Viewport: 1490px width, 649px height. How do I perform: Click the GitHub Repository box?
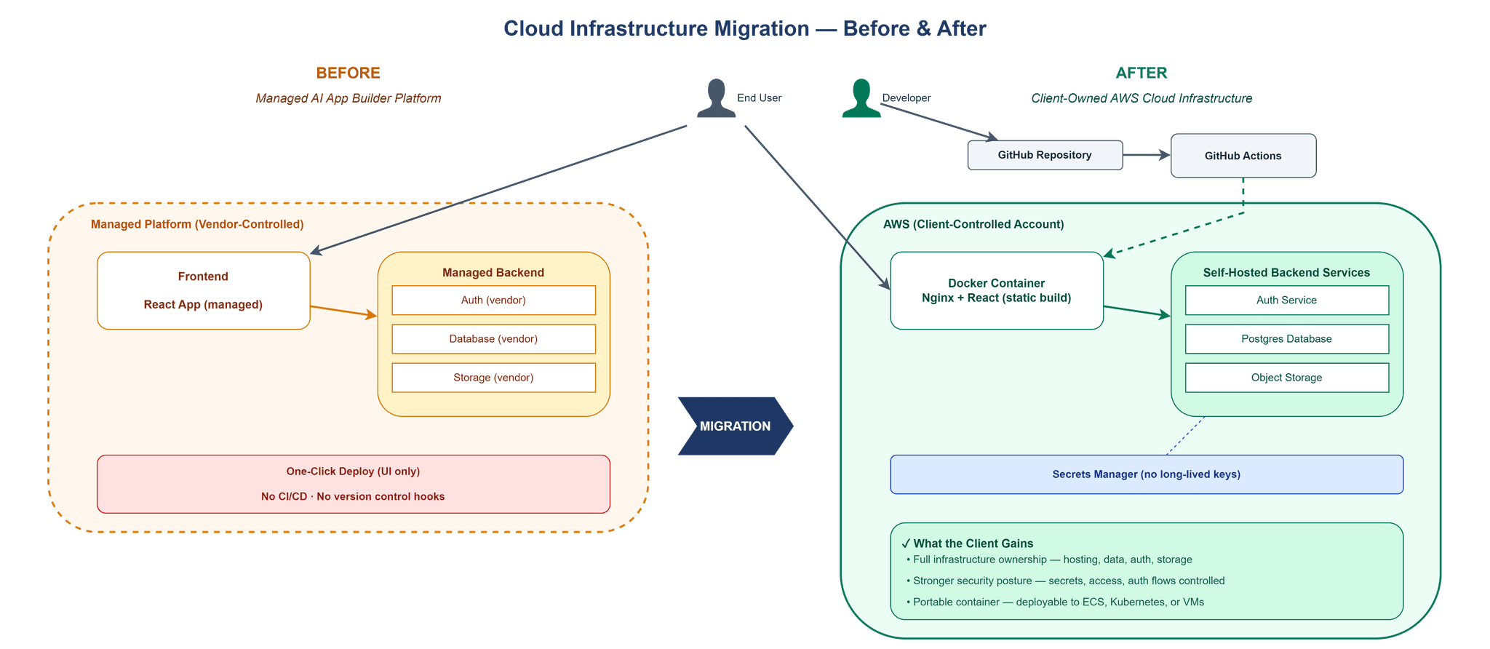[x=1045, y=155]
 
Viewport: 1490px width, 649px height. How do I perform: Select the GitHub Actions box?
[x=1243, y=156]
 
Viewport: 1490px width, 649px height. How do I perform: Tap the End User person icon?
[x=717, y=98]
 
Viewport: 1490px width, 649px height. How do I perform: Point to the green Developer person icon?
[x=861, y=98]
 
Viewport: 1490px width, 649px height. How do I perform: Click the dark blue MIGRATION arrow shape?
[x=734, y=426]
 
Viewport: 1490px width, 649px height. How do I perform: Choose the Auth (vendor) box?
[x=493, y=300]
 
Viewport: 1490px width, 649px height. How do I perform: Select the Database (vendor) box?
[x=493, y=339]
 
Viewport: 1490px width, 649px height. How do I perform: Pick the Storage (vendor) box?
[x=493, y=378]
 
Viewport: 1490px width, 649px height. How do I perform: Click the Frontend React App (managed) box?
[x=204, y=290]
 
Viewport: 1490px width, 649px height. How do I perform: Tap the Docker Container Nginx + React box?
[x=996, y=290]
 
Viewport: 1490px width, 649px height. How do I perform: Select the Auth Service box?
[x=1286, y=300]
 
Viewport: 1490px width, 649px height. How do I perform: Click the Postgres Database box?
[x=1286, y=339]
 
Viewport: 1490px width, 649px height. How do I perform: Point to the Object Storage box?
[x=1286, y=378]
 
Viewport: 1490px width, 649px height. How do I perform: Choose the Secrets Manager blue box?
[x=1146, y=474]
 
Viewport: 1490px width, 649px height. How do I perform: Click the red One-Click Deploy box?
[x=353, y=484]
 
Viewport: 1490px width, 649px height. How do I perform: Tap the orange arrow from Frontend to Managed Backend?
[x=343, y=311]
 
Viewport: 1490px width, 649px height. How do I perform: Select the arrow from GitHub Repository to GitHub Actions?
[x=1147, y=155]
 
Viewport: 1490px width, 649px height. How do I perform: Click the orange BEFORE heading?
[x=348, y=73]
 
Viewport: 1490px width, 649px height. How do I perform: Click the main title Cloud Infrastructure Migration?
[x=744, y=29]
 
